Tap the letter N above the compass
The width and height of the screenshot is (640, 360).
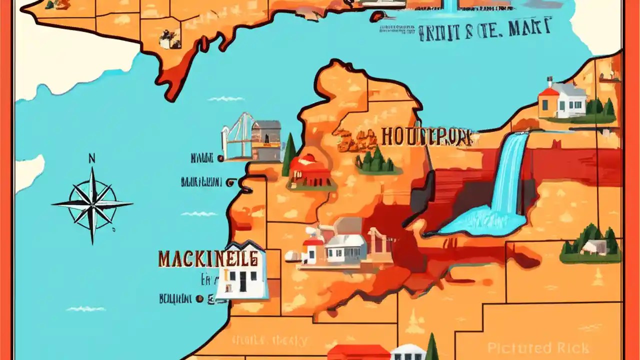point(92,159)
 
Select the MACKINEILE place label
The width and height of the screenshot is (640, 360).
point(208,258)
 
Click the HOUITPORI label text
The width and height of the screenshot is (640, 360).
point(425,136)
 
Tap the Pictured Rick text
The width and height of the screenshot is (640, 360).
point(538,348)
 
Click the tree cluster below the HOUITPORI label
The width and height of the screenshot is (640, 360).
point(375,161)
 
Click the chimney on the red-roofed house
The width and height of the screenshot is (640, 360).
point(550,82)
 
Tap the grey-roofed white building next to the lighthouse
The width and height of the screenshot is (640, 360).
point(345,248)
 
